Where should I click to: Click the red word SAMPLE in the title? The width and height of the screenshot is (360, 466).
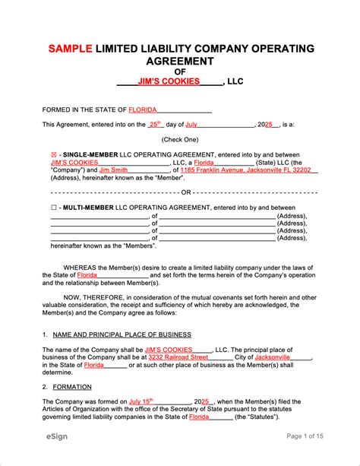tap(71, 49)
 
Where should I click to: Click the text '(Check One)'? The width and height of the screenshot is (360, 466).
tap(179, 139)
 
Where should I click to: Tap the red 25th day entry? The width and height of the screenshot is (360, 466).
tap(155, 123)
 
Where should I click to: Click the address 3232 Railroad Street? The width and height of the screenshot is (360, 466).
tap(178, 357)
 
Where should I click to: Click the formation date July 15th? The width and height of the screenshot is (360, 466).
tap(141, 401)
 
